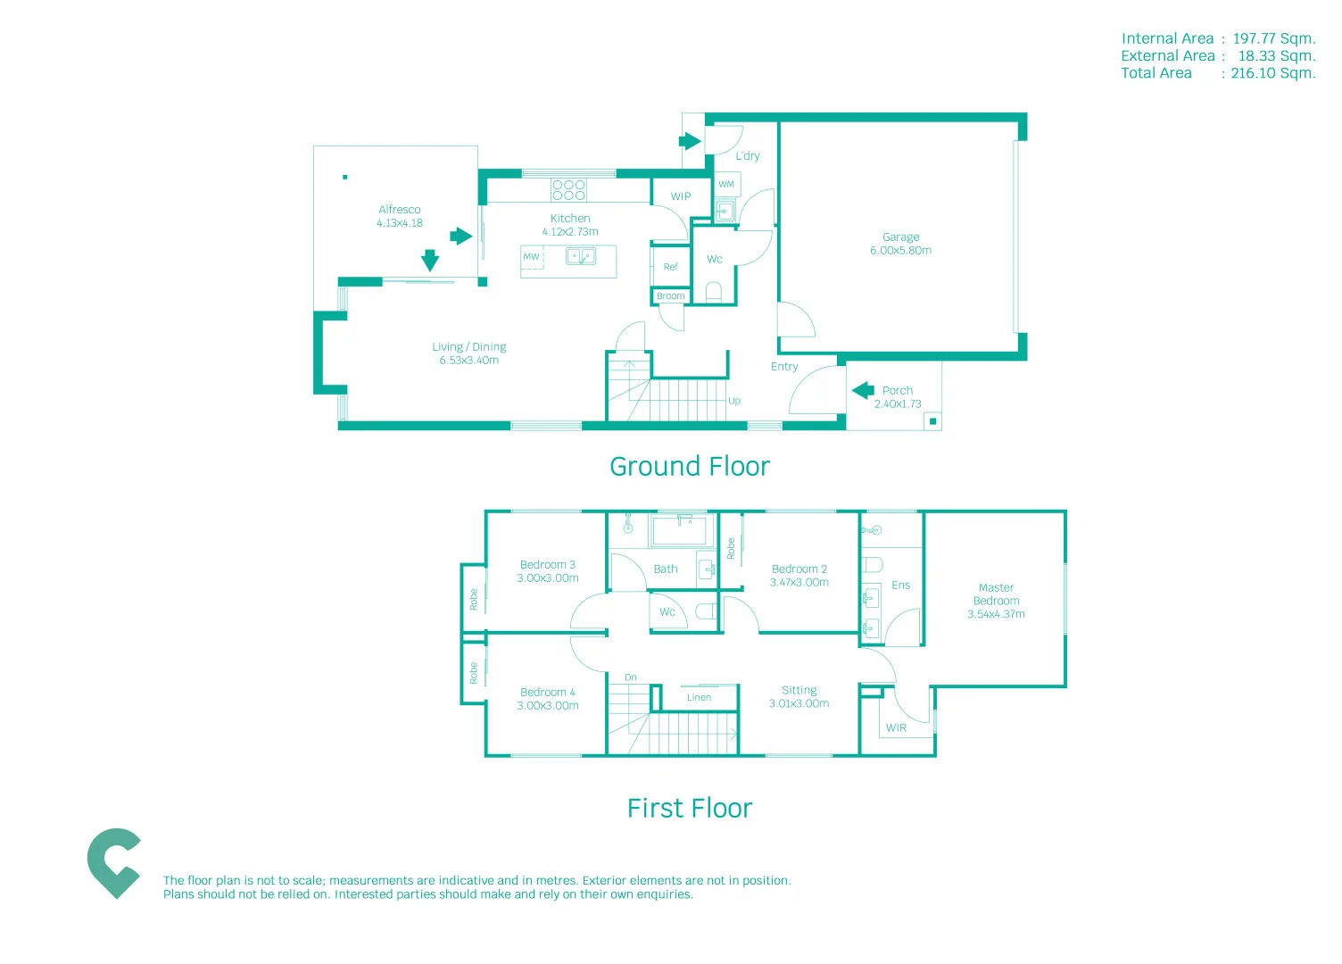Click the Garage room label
900,237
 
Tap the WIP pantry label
681,196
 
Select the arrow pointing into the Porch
863,391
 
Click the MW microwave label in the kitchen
532,257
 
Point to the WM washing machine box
726,185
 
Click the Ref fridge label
670,267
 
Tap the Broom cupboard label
670,296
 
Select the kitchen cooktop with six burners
568,189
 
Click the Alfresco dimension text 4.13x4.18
400,223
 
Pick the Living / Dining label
469,347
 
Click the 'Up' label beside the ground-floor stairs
734,401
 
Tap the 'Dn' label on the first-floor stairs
631,677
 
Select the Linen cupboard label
700,698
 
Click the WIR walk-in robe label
896,728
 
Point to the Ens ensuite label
901,586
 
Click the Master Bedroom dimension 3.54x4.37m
996,614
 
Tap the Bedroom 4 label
548,693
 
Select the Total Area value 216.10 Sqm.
1273,73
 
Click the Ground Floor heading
689,467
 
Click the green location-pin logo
113,862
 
